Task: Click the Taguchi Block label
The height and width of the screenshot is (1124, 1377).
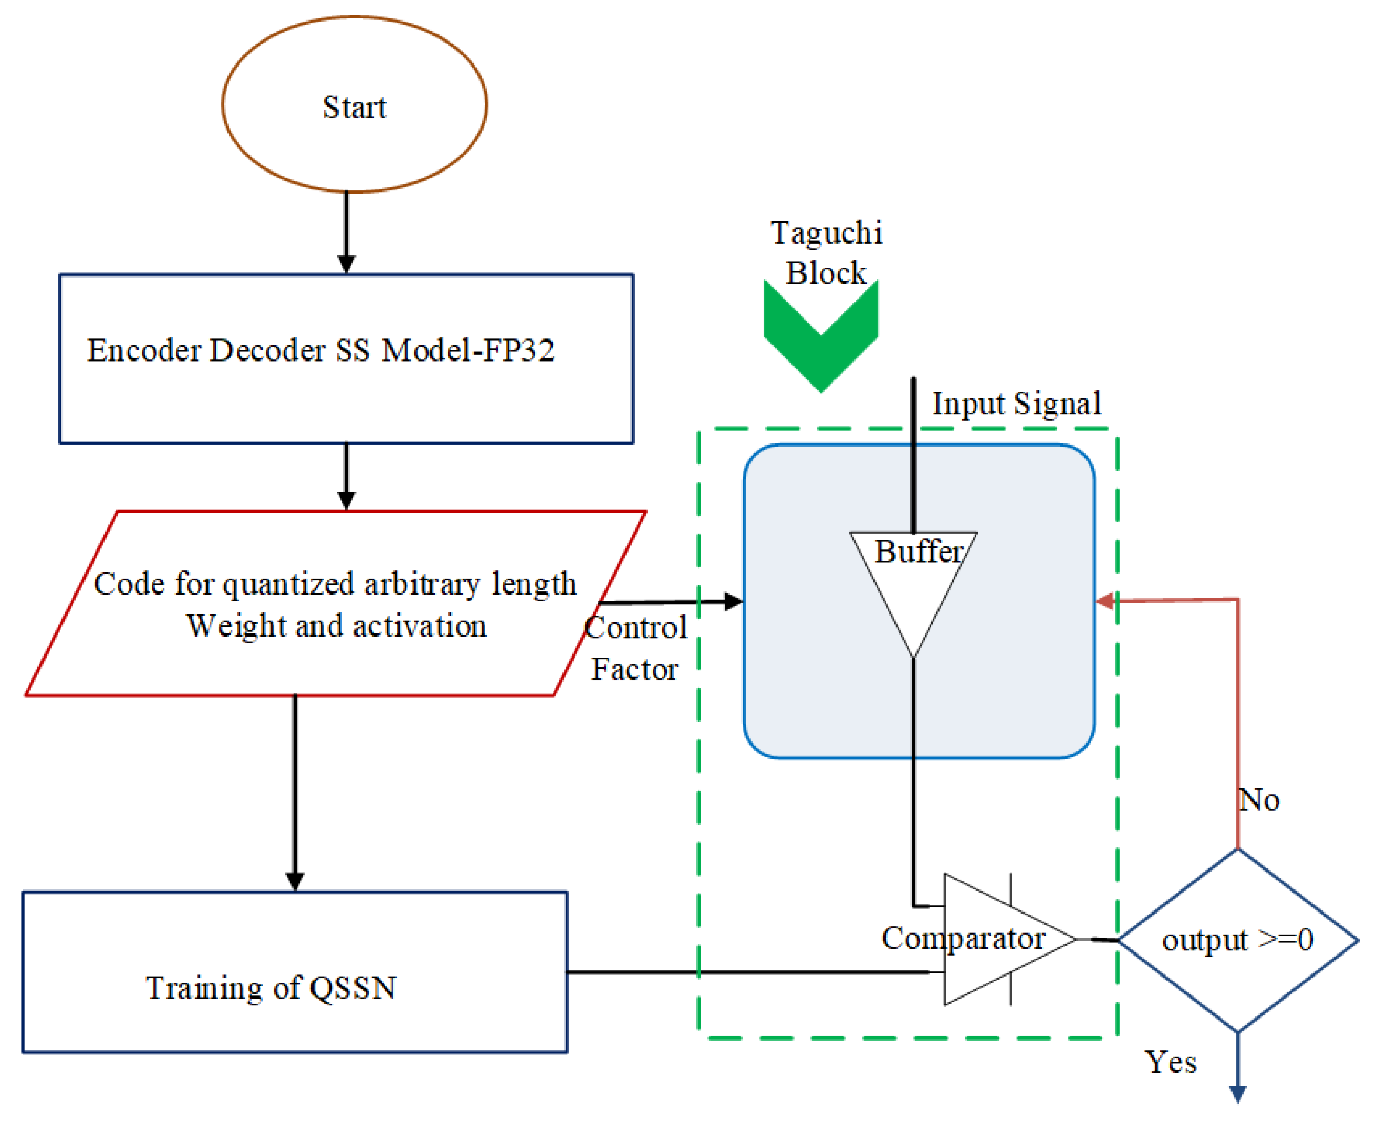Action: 826,252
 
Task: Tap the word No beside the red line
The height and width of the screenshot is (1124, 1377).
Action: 1259,800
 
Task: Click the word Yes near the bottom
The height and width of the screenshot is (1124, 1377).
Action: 1171,1063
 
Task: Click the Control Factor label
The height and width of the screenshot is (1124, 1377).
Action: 635,647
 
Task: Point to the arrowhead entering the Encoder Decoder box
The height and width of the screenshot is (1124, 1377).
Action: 346,264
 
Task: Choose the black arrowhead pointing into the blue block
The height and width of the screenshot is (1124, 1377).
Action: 733,602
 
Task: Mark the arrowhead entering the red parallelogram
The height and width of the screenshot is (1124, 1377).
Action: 346,500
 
